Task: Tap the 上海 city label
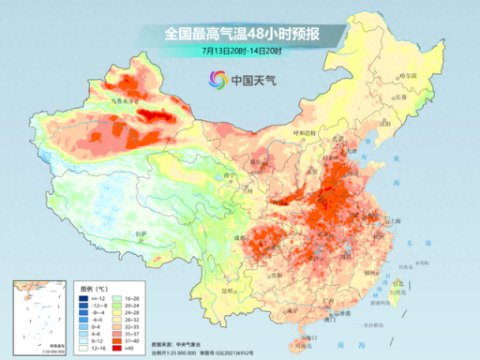pos(397,219)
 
